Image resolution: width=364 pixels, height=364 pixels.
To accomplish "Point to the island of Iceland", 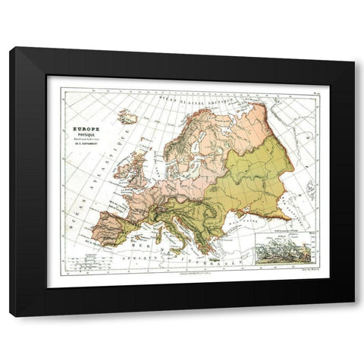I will pos(127,117).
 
